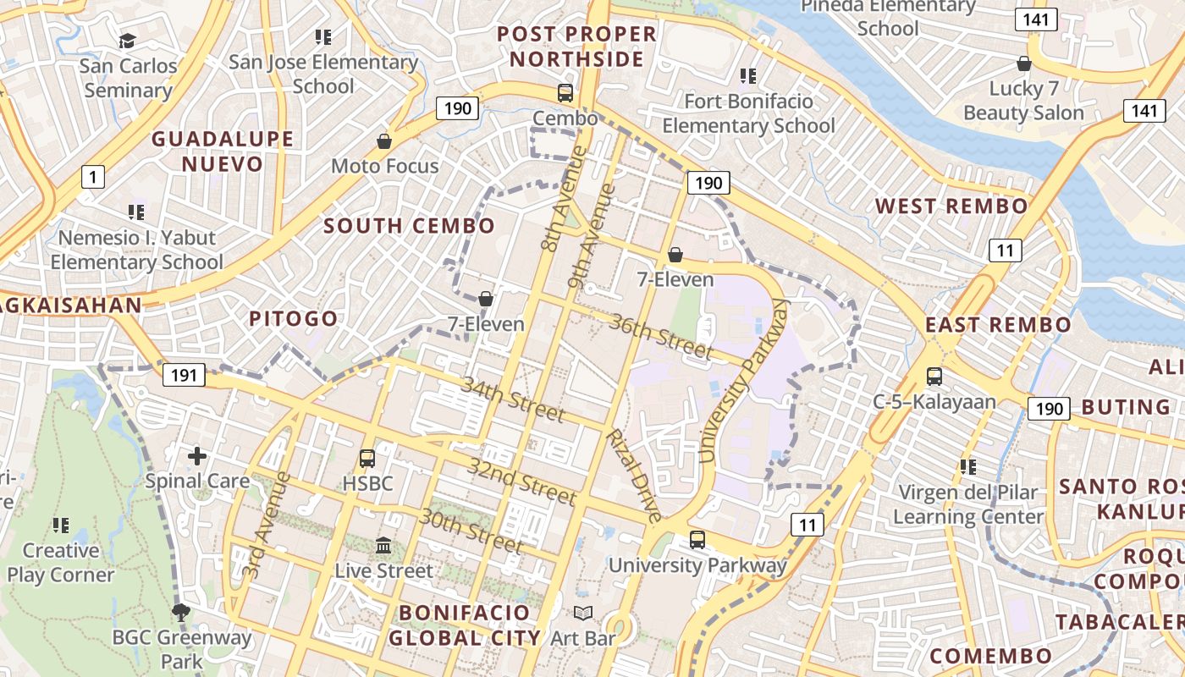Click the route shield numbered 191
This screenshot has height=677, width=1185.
click(184, 375)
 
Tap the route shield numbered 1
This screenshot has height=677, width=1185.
click(93, 177)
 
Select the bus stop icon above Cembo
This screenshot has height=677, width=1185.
click(565, 93)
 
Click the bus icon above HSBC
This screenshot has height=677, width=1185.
click(367, 458)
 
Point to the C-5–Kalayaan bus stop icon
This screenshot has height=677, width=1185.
click(934, 376)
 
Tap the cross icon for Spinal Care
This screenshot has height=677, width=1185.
click(197, 456)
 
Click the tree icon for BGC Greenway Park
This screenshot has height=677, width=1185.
click(180, 612)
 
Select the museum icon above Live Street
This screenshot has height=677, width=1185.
click(383, 546)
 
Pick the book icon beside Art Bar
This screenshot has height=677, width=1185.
click(582, 613)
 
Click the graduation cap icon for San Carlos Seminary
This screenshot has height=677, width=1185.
click(128, 41)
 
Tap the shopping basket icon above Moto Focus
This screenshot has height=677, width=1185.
click(384, 141)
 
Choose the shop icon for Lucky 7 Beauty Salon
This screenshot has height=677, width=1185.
click(1024, 63)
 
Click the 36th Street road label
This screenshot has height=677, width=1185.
click(660, 335)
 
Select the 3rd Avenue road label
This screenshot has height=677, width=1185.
click(266, 525)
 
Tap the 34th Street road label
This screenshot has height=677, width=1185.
click(513, 399)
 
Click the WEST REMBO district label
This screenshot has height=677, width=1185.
click(951, 206)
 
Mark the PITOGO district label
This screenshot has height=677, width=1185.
click(293, 319)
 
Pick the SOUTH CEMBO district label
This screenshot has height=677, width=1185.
click(409, 226)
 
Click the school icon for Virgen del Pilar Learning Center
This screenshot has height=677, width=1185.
click(968, 466)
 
